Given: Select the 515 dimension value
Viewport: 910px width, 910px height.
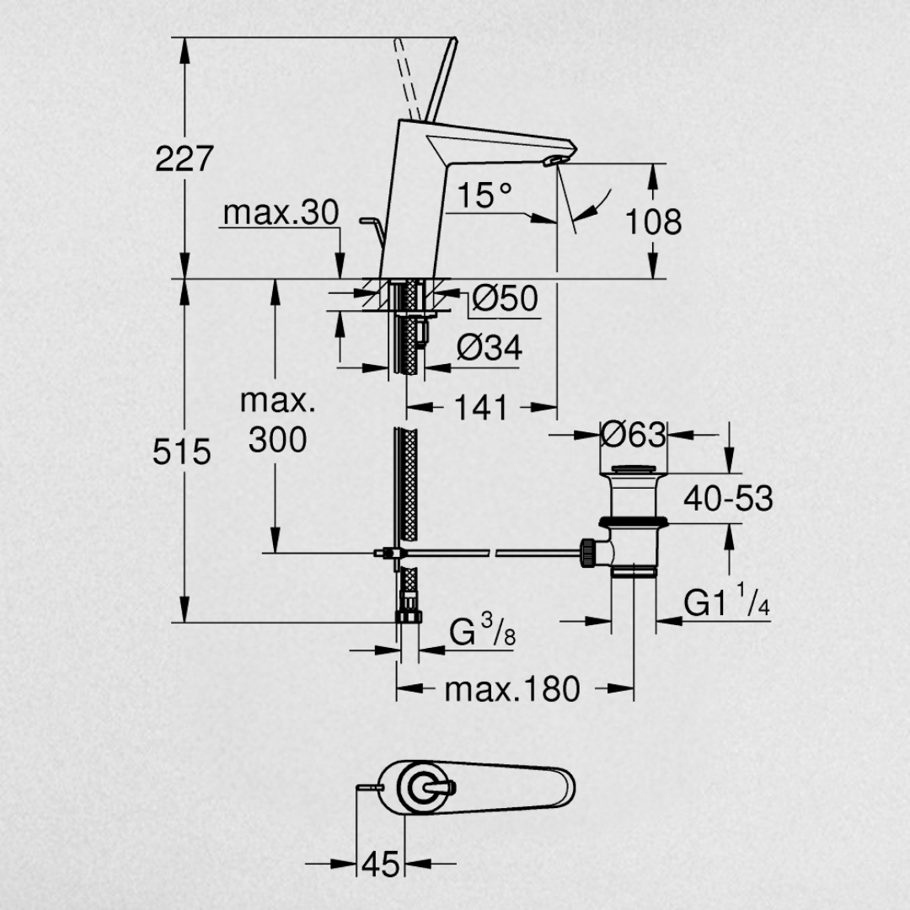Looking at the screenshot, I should coord(181,452).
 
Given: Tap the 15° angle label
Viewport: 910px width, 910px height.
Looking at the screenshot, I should coord(484,196).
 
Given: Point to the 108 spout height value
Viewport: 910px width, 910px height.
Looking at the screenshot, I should coord(653,222).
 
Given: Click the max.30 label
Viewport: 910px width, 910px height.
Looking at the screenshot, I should coord(281,214).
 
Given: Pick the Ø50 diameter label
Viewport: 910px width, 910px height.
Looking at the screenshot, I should coord(504,298).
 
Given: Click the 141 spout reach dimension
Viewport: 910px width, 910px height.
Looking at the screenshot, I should coord(482,408).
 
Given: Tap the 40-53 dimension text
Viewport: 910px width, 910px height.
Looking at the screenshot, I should coord(728,498).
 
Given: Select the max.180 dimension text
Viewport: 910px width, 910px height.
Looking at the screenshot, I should coord(512,689).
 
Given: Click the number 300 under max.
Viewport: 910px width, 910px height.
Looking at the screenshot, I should coord(277,439).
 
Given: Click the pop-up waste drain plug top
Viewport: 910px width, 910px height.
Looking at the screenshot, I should coord(633,469).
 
